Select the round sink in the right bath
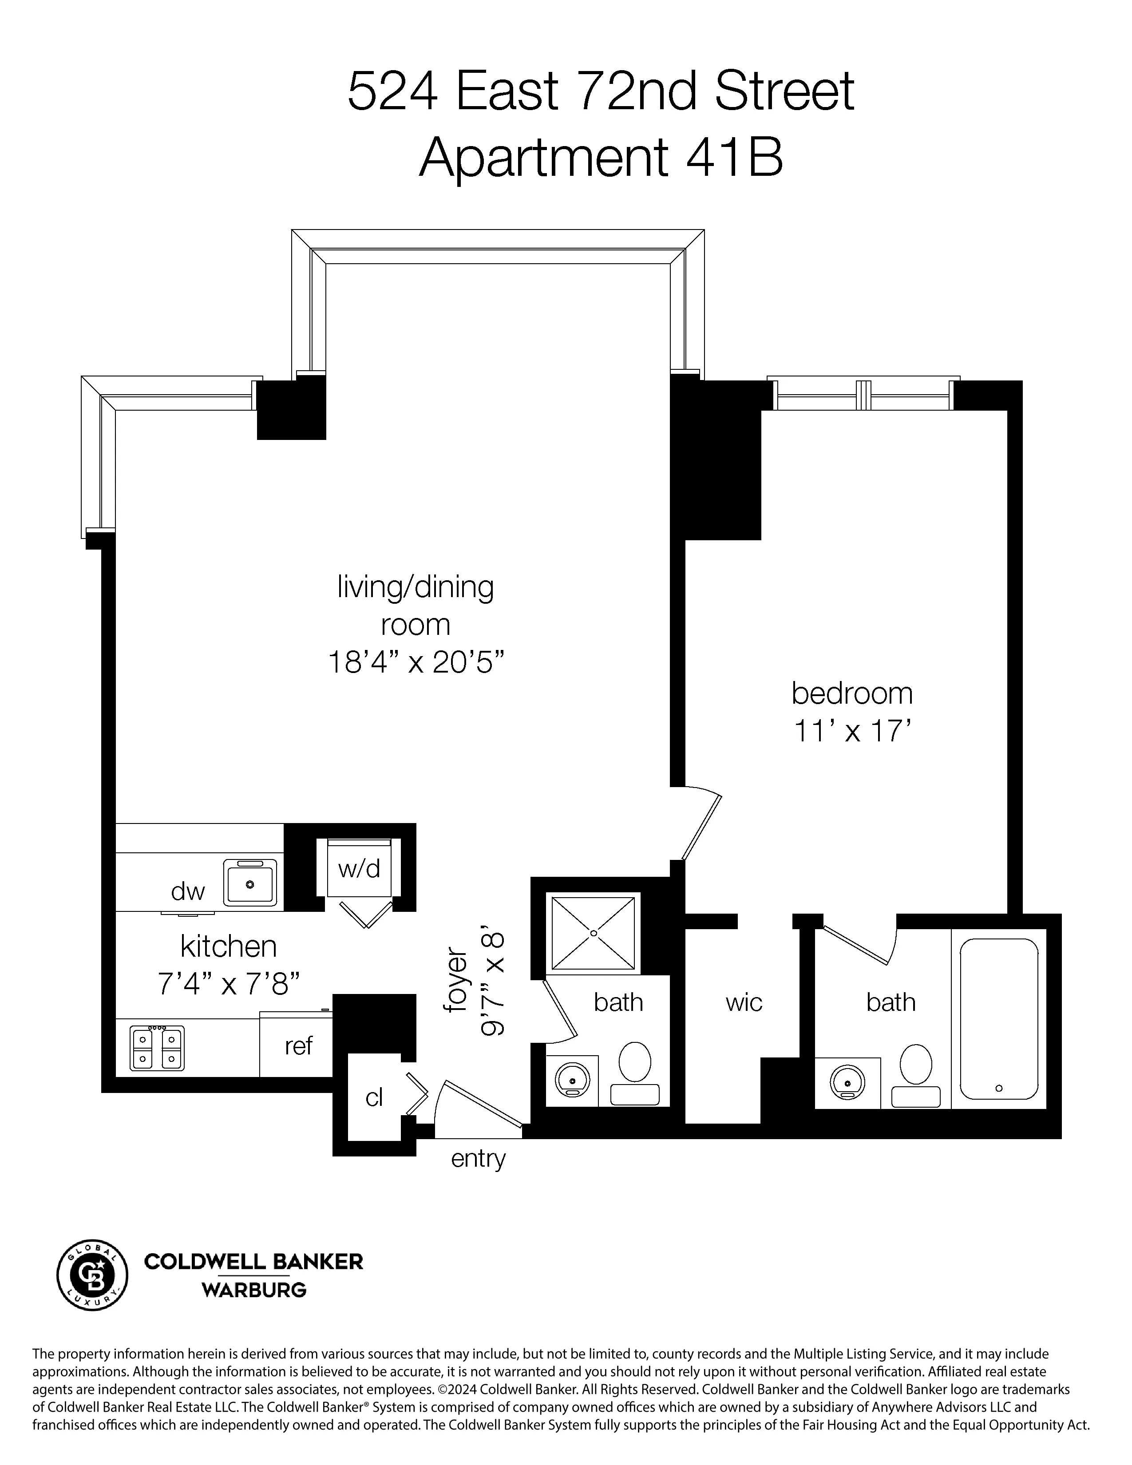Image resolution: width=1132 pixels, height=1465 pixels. click(847, 1081)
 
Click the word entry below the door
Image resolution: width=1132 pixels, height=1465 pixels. click(478, 1158)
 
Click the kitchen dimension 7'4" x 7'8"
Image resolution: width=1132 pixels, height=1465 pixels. click(228, 983)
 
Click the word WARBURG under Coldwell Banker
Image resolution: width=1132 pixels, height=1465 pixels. click(254, 1290)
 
